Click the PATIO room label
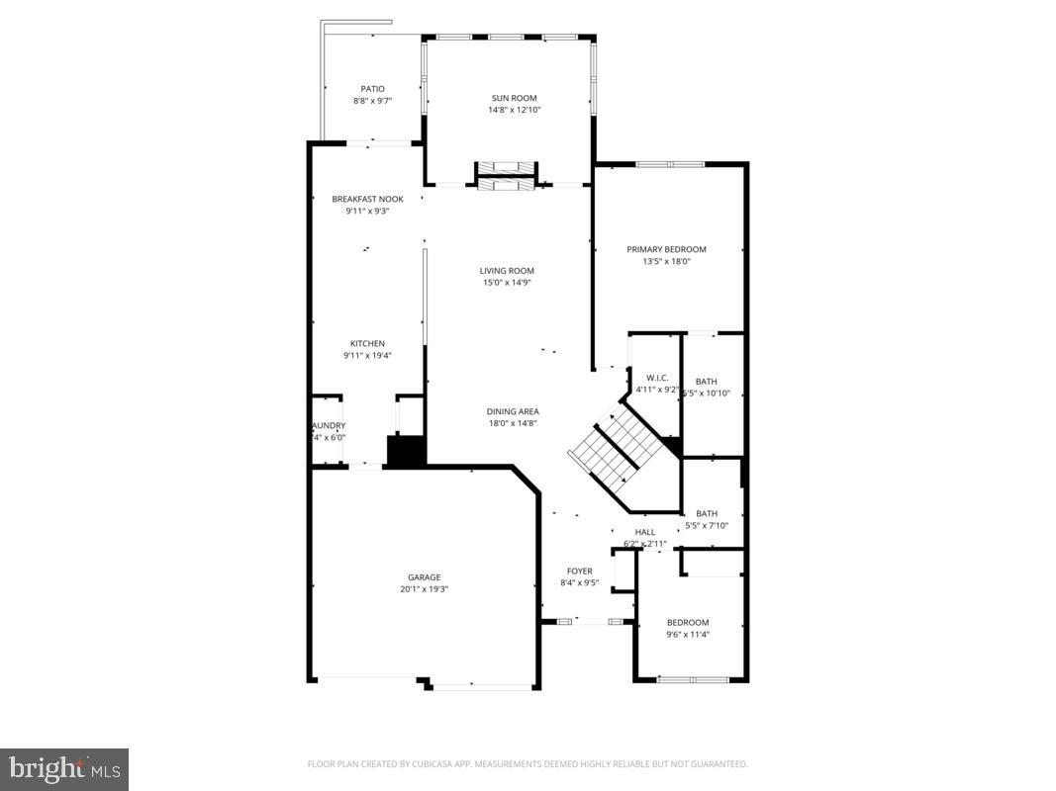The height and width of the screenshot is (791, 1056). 372,89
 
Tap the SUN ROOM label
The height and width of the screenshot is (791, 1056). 514,98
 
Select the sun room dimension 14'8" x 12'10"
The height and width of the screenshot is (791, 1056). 514,110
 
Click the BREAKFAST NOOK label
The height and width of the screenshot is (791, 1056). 367,199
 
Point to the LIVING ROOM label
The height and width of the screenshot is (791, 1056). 507,271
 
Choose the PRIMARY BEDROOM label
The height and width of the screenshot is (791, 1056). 666,249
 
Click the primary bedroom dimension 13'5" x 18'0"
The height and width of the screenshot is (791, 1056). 666,262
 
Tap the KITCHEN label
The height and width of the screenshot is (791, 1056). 367,343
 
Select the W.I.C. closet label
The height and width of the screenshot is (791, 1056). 657,378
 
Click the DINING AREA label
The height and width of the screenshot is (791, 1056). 513,411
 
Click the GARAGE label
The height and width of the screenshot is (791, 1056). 424,577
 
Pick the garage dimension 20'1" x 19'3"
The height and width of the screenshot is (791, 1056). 424,589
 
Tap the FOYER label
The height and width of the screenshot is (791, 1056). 579,571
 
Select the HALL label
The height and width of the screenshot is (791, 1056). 645,532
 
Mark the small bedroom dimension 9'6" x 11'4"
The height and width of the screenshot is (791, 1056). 687,634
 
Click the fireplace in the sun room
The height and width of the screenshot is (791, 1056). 507,175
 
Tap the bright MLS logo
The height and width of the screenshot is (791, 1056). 64,769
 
